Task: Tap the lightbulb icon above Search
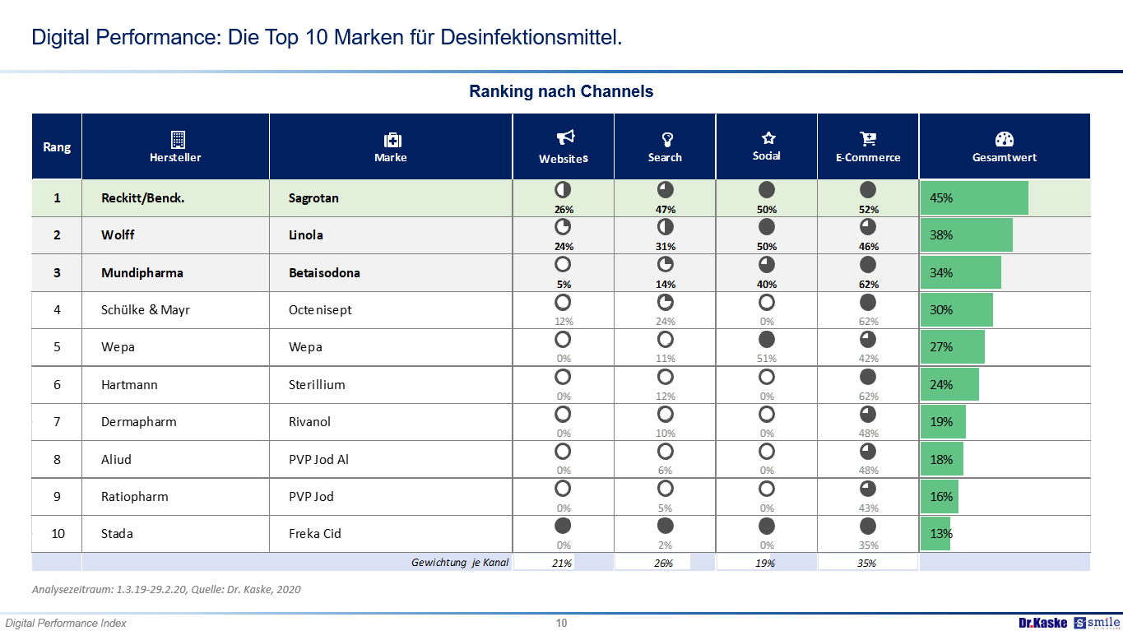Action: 666,138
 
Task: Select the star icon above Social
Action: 768,137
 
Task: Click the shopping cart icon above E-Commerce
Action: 868,138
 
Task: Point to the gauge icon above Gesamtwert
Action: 1005,139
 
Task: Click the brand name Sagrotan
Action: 313,197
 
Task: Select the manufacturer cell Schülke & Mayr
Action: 146,309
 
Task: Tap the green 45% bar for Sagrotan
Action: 974,197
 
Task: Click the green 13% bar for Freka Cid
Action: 935,533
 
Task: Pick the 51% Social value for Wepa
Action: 767,358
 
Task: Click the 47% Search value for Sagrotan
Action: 666,209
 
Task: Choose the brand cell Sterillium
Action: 317,384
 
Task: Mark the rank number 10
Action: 58,533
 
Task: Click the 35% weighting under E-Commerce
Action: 867,564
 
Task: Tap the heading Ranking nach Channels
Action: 561,91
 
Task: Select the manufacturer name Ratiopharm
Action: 135,496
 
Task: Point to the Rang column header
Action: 57,147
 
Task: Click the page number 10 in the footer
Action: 561,623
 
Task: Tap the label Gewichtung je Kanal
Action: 460,563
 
